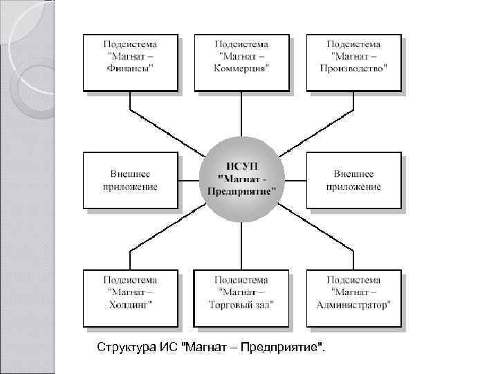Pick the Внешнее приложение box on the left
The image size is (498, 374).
(130, 180)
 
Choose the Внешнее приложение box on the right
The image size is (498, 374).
(353, 180)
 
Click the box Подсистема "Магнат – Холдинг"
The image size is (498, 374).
(130, 298)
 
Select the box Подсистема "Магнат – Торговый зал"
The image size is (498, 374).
(241, 298)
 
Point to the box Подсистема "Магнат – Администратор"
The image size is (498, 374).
(353, 298)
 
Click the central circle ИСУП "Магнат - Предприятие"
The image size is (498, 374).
(241, 180)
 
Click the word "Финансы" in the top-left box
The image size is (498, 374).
(130, 69)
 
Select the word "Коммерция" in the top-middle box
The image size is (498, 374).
(241, 69)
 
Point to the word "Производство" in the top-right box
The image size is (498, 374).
(353, 69)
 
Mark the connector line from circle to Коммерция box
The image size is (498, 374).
(241, 114)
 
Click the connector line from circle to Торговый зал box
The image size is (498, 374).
(241, 246)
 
